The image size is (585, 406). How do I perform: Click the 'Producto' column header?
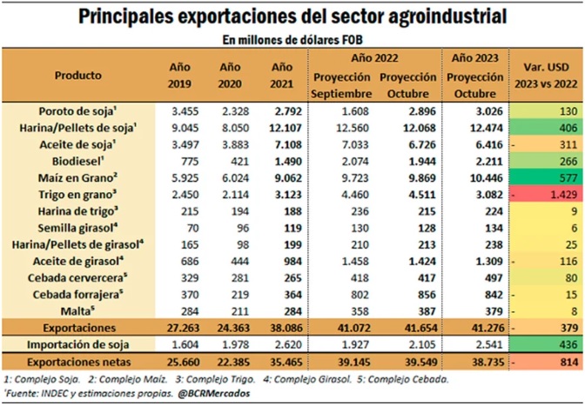click(78, 76)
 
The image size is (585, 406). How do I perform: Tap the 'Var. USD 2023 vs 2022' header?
click(547, 76)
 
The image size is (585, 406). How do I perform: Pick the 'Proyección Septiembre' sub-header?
click(342, 85)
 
